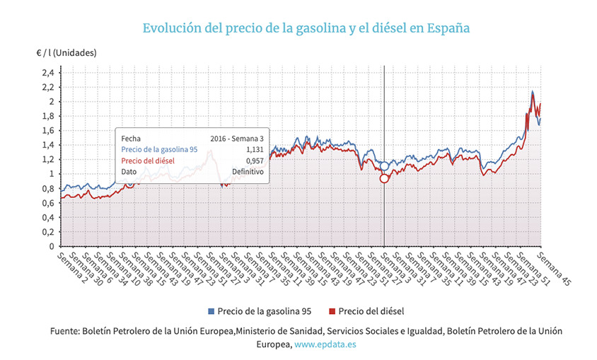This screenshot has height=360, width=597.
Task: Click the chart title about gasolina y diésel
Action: point(306,28)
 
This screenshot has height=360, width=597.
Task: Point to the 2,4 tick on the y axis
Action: point(47,72)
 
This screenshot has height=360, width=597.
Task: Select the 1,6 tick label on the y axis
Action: point(47,130)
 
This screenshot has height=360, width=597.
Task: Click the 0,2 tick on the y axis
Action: point(47,232)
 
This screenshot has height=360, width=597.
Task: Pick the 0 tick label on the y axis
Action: point(51,246)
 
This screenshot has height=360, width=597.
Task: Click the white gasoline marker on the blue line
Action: point(384,166)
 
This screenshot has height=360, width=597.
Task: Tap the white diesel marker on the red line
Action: point(384,178)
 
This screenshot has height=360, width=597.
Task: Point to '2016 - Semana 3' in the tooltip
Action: point(237,138)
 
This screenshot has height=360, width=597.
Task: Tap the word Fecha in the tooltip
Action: point(131,138)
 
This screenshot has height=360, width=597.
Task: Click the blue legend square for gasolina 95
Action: point(211,311)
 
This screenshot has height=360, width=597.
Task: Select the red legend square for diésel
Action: point(332,311)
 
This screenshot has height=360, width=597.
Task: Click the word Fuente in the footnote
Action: point(64,331)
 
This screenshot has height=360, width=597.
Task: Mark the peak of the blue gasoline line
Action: point(532,92)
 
